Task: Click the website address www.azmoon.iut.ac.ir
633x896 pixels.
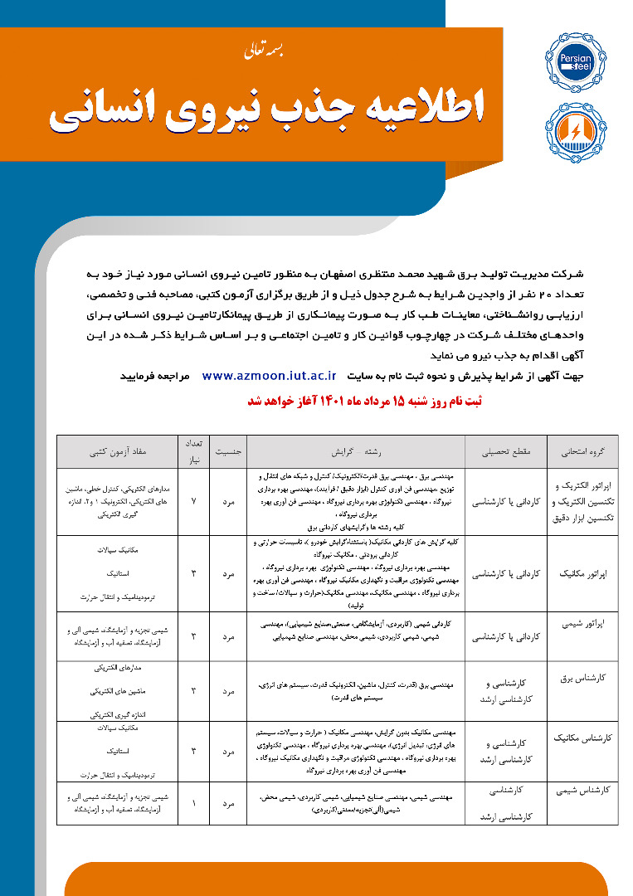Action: pos(269,375)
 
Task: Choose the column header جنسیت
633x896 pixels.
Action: pos(228,453)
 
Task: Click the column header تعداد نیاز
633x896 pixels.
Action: pos(194,452)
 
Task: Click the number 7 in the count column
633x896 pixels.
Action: pos(194,503)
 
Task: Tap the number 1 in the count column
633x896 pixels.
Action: pos(194,803)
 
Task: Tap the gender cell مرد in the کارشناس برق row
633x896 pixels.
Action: pos(228,691)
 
